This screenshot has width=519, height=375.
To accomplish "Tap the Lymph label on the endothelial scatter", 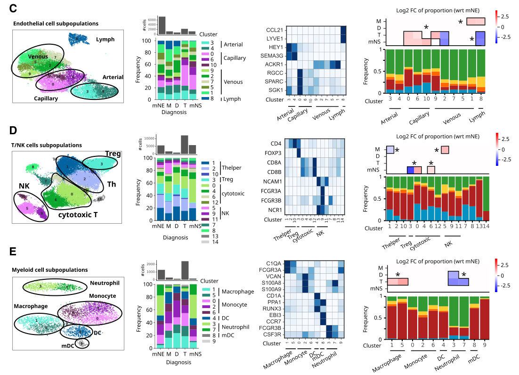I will [x=105, y=39].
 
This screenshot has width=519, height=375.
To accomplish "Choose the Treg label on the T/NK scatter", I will [x=113, y=154].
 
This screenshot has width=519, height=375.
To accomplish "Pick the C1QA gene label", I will [x=274, y=263].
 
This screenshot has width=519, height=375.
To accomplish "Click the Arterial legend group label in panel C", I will [x=234, y=45].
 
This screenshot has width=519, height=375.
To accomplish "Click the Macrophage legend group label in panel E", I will [x=238, y=292].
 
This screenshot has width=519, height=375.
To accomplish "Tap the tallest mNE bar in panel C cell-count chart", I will [x=162, y=25].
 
